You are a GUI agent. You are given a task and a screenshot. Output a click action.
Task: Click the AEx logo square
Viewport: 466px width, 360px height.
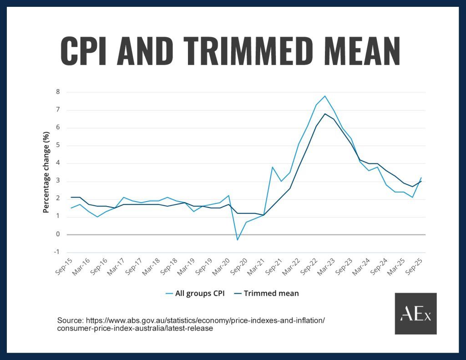415,314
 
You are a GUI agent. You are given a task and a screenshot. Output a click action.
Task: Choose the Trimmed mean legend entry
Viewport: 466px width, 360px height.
266,294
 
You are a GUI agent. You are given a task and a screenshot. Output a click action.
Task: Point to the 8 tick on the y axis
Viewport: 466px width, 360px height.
58,92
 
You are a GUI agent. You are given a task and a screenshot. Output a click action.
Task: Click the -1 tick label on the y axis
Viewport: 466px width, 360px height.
57,252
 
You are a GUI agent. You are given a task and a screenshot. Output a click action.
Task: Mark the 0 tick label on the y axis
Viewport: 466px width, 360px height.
58,234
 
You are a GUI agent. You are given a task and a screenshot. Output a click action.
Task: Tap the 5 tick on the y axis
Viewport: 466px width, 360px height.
58,146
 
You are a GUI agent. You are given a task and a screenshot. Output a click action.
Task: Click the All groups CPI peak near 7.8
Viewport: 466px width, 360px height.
325,96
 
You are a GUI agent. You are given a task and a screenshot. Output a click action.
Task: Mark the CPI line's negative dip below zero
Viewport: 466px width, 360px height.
237,240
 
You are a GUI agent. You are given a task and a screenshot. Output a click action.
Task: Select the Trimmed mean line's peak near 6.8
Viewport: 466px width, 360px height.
325,114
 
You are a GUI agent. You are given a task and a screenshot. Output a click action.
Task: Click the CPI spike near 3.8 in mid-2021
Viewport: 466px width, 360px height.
272,167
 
